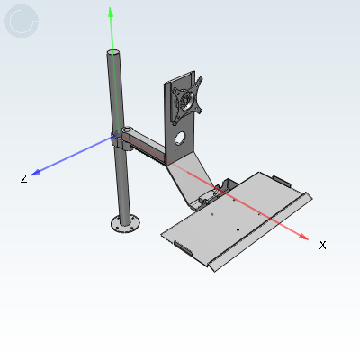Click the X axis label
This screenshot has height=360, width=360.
pos(322,245)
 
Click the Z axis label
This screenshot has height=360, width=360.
pos(24,179)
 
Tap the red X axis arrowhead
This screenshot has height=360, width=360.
pos(303,237)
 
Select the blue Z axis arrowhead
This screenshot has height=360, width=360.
pos(36,172)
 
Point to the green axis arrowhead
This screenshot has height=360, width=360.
pos(111,12)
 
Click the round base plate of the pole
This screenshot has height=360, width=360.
pos(125,224)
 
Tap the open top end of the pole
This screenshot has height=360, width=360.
pos(113,52)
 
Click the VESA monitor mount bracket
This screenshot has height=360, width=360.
pos(186,100)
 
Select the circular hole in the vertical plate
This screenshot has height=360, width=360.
pos(180,138)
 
